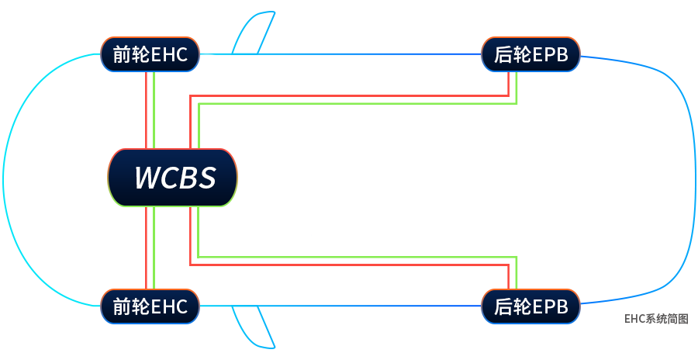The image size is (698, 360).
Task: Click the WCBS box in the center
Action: pyautogui.click(x=172, y=178)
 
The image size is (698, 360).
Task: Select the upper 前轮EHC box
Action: pyautogui.click(x=150, y=54)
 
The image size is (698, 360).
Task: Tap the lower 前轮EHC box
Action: pyautogui.click(x=150, y=306)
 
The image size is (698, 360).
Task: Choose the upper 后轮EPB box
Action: pyautogui.click(x=530, y=54)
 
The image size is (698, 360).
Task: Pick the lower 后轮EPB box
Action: pyautogui.click(x=530, y=306)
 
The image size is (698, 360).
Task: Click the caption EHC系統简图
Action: pyautogui.click(x=656, y=319)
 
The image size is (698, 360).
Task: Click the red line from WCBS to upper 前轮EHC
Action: pyautogui.click(x=146, y=109)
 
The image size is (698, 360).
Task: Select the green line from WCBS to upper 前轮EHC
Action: pyautogui.click(x=155, y=109)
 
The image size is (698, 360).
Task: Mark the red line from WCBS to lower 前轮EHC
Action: pyautogui.click(x=146, y=248)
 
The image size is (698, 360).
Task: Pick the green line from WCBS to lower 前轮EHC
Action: pyautogui.click(x=155, y=248)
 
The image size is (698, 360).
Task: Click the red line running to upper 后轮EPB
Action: pyautogui.click(x=349, y=96)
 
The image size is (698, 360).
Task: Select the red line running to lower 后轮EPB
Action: pyautogui.click(x=349, y=265)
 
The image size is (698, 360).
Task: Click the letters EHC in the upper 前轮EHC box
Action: pyautogui.click(x=170, y=54)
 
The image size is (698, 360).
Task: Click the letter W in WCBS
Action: pyautogui.click(x=147, y=178)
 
